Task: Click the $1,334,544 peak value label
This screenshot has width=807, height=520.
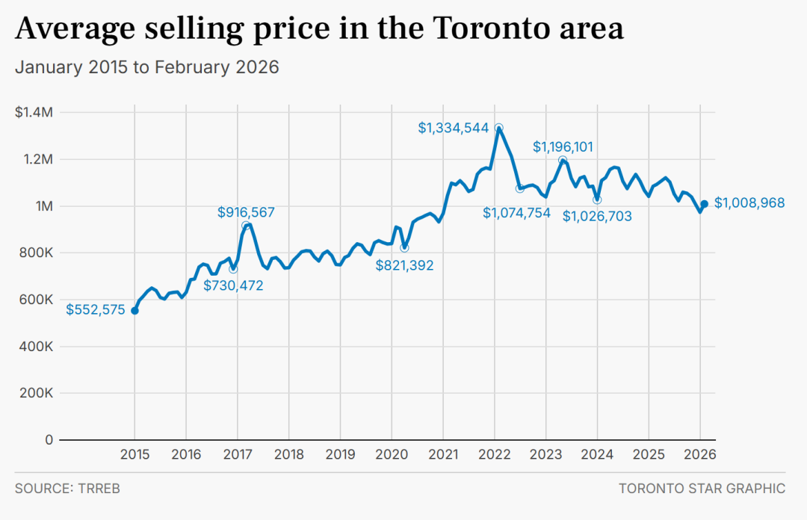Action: click(453, 128)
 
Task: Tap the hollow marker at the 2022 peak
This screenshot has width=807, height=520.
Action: click(498, 128)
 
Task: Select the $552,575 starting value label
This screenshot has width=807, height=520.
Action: click(95, 309)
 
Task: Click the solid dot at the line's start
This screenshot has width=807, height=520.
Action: click(134, 311)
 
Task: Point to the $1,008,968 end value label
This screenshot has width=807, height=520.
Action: click(749, 203)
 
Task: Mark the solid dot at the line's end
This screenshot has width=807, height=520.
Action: click(704, 204)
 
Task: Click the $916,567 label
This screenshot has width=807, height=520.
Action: click(246, 212)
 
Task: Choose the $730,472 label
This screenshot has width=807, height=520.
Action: click(233, 285)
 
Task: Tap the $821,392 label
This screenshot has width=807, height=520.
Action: click(404, 265)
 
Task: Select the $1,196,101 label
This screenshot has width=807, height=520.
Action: click(563, 146)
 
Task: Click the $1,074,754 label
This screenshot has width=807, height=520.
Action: click(516, 213)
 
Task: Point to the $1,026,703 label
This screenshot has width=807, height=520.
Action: click(597, 216)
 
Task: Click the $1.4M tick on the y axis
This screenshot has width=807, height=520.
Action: click(34, 112)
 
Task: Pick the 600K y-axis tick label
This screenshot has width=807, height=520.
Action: click(36, 300)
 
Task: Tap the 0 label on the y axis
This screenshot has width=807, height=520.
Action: click(49, 439)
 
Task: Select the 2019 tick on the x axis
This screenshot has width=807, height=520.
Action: click(340, 454)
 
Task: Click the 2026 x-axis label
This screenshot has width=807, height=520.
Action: click(700, 454)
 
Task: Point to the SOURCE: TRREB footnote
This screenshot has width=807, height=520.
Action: click(67, 488)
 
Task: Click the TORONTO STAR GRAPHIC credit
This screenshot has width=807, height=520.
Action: click(702, 488)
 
